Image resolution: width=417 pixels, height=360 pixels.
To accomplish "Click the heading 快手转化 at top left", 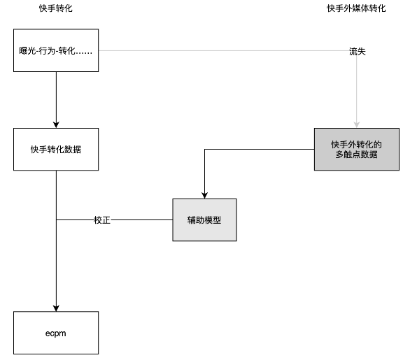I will click(x=55, y=8).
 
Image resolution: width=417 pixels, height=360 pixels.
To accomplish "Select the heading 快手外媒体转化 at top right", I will click(x=356, y=8).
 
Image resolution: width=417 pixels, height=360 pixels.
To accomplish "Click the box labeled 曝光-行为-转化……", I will click(x=56, y=51).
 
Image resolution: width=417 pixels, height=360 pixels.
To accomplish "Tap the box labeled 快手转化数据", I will click(x=56, y=150).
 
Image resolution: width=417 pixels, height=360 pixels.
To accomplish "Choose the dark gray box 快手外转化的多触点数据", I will click(x=356, y=150).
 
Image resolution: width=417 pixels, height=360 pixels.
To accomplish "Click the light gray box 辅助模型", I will click(x=204, y=219).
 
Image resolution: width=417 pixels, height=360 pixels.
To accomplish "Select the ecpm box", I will click(x=56, y=332).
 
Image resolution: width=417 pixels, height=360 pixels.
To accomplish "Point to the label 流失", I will click(x=357, y=52).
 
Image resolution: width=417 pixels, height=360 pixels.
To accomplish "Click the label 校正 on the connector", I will click(x=102, y=219).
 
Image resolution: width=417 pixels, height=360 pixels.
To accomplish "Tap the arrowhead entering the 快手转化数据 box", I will click(x=56, y=124).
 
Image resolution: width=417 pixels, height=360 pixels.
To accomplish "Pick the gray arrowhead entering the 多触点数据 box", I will click(x=357, y=124).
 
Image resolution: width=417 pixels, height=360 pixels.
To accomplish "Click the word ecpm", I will click(x=56, y=332).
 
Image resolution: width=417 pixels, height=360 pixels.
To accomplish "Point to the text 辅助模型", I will click(x=204, y=219).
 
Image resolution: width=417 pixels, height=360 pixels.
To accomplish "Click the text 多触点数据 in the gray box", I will click(x=356, y=154).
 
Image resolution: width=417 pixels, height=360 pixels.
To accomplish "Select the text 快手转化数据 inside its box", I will click(x=56, y=150).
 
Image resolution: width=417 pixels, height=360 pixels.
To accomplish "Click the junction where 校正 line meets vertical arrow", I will click(x=56, y=219).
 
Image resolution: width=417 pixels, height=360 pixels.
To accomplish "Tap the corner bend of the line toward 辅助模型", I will click(x=204, y=150).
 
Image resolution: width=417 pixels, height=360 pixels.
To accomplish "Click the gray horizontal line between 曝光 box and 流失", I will click(x=224, y=51).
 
